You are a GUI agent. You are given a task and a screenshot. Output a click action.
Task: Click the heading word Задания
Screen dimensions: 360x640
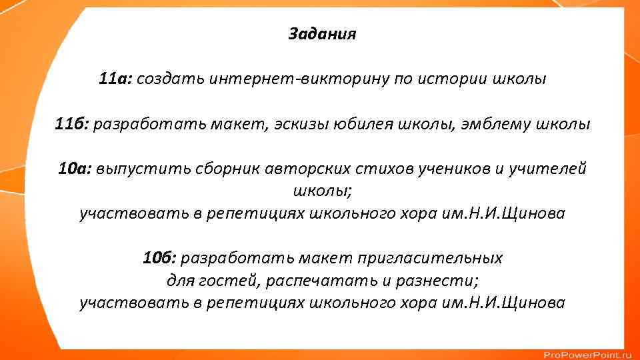click(x=322, y=34)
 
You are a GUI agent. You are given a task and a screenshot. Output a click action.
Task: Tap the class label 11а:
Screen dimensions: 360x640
click(x=115, y=79)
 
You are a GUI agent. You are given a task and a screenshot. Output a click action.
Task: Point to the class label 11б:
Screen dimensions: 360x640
click(x=71, y=125)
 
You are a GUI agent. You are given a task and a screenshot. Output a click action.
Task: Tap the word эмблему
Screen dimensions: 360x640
click(x=495, y=125)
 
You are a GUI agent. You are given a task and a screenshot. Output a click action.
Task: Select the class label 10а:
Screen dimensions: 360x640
click(x=75, y=169)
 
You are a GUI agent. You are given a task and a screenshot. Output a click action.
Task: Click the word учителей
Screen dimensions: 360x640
click(x=549, y=169)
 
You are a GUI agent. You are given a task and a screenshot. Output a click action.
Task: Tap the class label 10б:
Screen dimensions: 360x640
click(x=159, y=257)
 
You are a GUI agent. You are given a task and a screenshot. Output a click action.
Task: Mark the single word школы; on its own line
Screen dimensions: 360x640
click(x=323, y=192)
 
